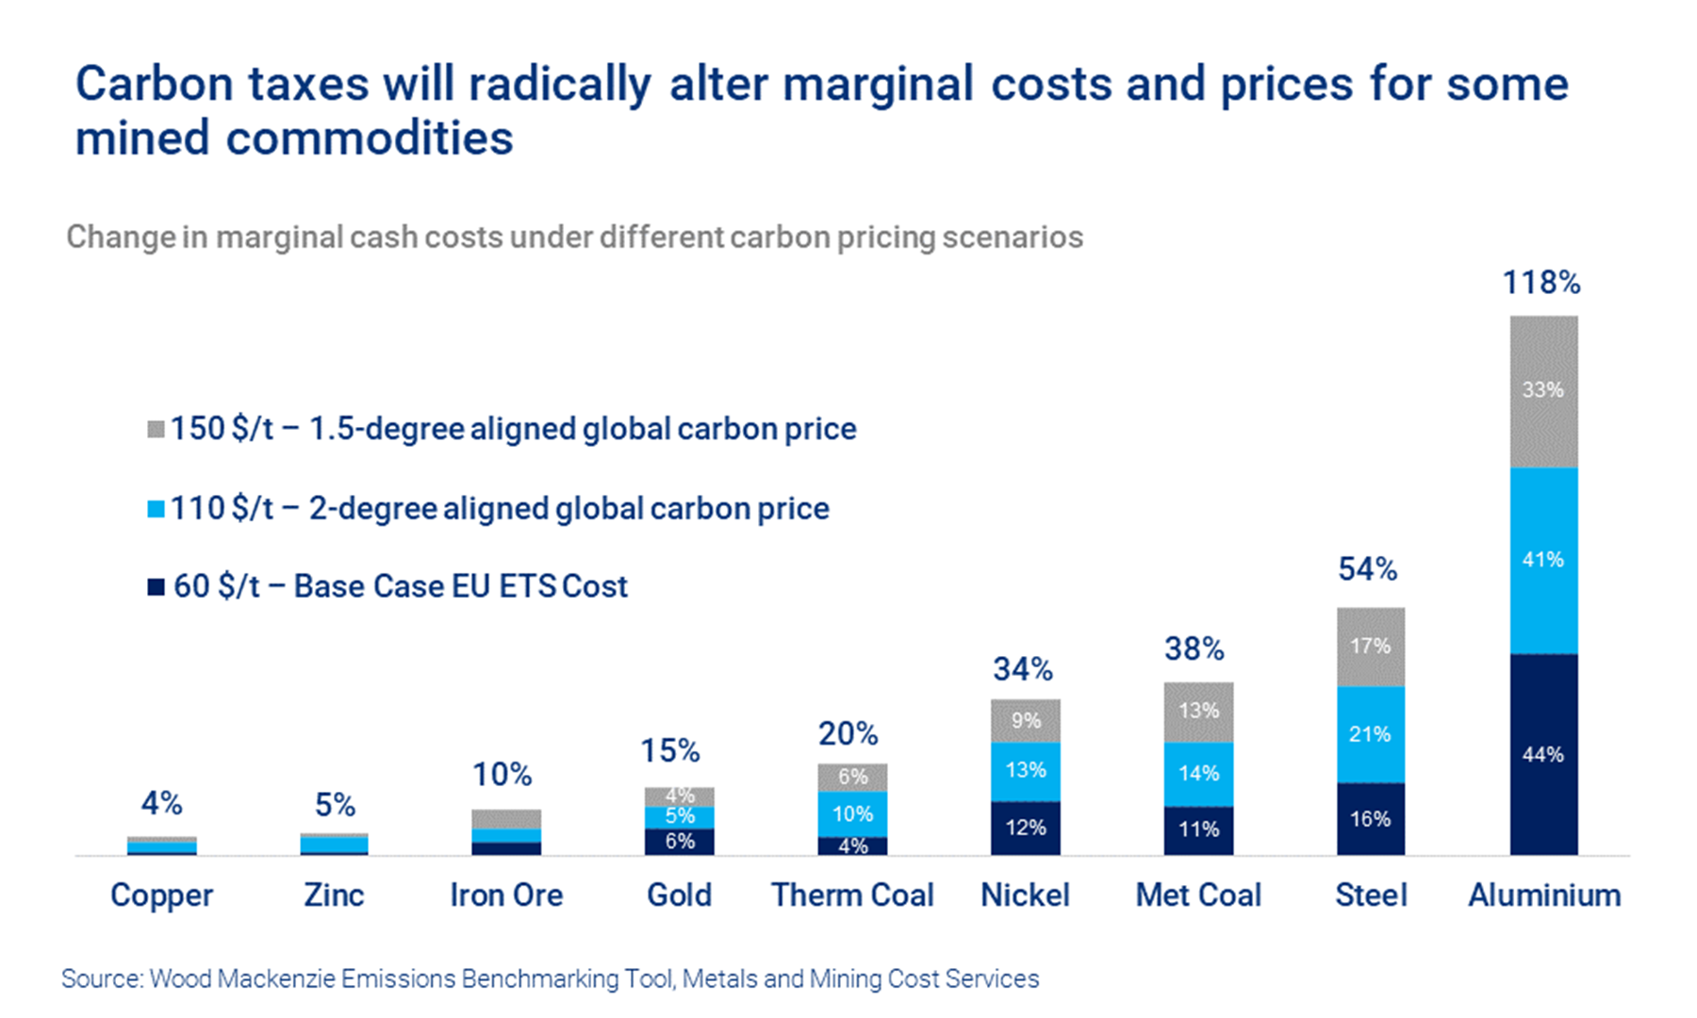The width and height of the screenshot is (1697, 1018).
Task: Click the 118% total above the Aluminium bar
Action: (x=1541, y=283)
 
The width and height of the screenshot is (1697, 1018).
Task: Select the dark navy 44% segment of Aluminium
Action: (x=1543, y=754)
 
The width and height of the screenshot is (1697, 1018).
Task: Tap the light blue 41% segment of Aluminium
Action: (x=1543, y=560)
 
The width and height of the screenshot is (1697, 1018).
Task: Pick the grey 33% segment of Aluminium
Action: (x=1543, y=390)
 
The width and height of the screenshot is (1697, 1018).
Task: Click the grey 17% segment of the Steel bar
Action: (x=1371, y=647)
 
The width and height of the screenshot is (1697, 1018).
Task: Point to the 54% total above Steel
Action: (x=1368, y=569)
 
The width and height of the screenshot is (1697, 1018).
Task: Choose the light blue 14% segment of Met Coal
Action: (x=1198, y=774)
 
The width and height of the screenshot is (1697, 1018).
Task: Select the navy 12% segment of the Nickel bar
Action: (x=1026, y=828)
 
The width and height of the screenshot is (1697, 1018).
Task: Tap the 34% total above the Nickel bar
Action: (x=1023, y=669)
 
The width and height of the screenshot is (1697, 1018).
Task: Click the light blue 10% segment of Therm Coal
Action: (x=852, y=813)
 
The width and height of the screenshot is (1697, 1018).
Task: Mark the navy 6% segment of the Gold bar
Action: (x=680, y=841)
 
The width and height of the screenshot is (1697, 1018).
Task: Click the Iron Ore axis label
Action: (x=506, y=895)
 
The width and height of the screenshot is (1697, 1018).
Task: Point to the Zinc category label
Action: (x=334, y=895)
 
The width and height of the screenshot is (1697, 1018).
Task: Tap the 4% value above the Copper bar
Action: (x=161, y=803)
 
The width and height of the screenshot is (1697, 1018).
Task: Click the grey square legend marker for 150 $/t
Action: (x=157, y=430)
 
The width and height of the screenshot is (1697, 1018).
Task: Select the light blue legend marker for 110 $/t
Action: (x=157, y=509)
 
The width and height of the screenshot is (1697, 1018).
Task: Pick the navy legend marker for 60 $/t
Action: (x=157, y=587)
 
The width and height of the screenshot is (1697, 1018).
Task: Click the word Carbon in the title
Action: (x=155, y=84)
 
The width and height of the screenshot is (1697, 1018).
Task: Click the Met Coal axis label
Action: (x=1198, y=895)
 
